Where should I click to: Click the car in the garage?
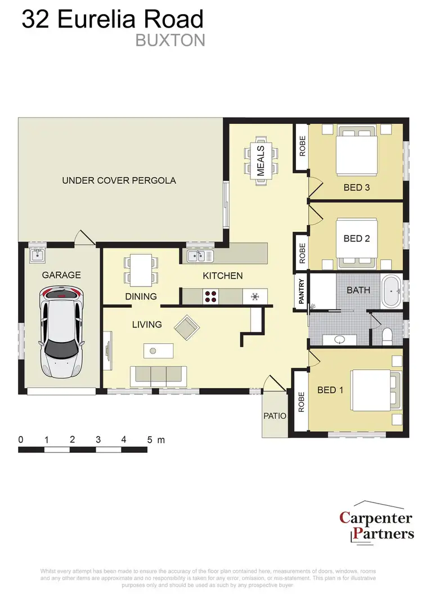coord(61,332)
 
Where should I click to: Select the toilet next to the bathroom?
coord(387,336)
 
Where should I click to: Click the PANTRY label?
coord(302,291)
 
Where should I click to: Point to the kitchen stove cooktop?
coord(212,296)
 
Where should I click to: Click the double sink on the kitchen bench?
coord(200,257)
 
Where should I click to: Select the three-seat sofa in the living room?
coord(159,374)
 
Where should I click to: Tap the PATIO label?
coord(275,416)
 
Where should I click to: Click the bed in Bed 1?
coord(373,390)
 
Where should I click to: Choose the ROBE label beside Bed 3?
coord(302,146)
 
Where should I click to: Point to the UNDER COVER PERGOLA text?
coord(119,181)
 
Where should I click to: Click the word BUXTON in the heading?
coord(170,41)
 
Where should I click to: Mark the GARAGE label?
coord(61,275)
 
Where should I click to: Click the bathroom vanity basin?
coord(339,339)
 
